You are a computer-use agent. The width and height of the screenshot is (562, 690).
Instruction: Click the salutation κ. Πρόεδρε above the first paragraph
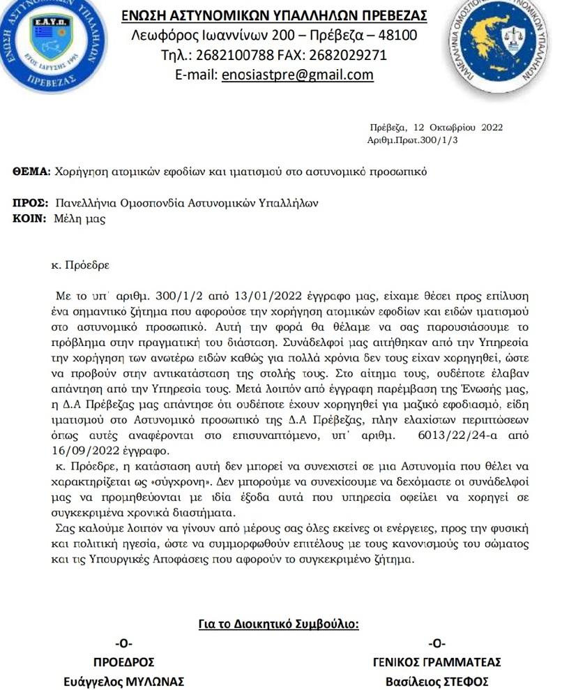point(81,266)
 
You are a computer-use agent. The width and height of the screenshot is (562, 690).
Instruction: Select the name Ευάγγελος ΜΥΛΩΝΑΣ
point(123,680)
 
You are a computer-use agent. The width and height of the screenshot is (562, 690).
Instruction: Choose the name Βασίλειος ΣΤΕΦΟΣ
point(437,680)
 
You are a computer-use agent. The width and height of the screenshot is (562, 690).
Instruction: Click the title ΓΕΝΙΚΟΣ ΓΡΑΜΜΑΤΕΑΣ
point(437,662)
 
